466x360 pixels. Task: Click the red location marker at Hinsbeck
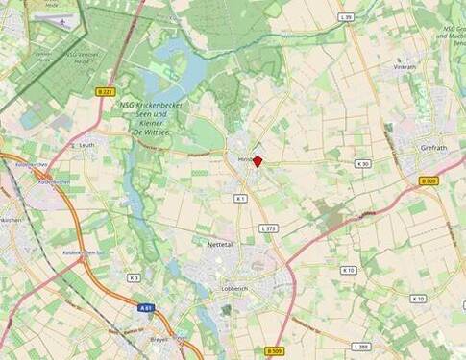(x=257, y=162)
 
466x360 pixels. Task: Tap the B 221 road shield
(x=106, y=91)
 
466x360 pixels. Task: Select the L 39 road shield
(x=348, y=17)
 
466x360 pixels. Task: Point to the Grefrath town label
(x=434, y=148)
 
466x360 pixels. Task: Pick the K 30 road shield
(x=363, y=165)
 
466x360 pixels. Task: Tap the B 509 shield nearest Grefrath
(x=429, y=180)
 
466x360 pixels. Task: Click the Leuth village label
(x=87, y=145)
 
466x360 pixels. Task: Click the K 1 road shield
(x=240, y=198)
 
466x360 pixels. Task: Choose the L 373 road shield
(x=269, y=228)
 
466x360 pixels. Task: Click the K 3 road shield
(x=134, y=277)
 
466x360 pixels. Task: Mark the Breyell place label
(x=159, y=338)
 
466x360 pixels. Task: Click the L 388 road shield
(x=361, y=347)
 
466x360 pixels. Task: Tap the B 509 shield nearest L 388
(x=274, y=351)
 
